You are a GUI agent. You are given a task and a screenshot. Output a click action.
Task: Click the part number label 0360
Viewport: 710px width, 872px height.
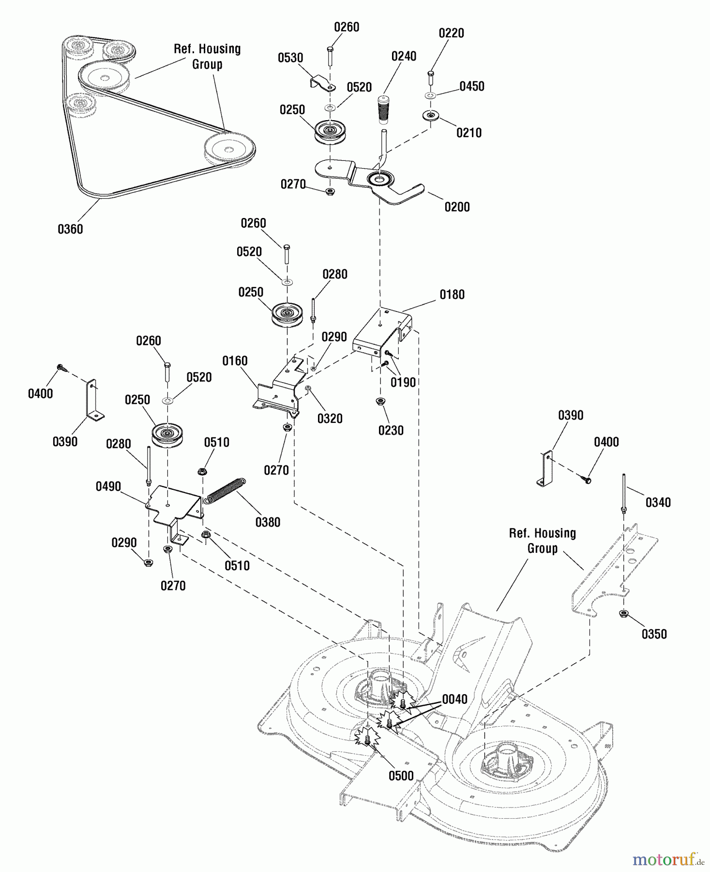point(70,229)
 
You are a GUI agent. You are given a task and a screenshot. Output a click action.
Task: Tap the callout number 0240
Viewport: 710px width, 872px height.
point(404,56)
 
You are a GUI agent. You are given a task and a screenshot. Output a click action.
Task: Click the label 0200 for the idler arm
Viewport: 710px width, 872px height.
point(457,207)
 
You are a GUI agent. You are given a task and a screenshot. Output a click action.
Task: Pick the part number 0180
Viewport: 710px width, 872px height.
point(452,295)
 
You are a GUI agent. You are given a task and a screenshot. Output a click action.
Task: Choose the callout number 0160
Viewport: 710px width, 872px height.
point(235,361)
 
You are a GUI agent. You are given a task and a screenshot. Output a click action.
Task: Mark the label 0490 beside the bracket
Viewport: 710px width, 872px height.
point(108,487)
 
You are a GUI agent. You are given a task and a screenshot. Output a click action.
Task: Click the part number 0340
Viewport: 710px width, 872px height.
point(658,502)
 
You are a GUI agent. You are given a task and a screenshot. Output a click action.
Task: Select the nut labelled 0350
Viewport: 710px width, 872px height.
point(624,614)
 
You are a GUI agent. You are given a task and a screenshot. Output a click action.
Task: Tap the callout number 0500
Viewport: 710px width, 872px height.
point(401,776)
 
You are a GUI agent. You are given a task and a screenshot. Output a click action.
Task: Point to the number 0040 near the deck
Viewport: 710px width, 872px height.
point(454,699)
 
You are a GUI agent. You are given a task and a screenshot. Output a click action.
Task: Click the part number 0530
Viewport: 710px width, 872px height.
point(290,58)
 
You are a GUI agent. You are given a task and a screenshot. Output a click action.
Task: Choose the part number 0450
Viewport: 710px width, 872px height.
point(472,86)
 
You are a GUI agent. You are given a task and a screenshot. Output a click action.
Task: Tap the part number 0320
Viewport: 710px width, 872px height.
point(330,419)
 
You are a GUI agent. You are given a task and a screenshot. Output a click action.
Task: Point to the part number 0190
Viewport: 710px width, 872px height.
point(403,382)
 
